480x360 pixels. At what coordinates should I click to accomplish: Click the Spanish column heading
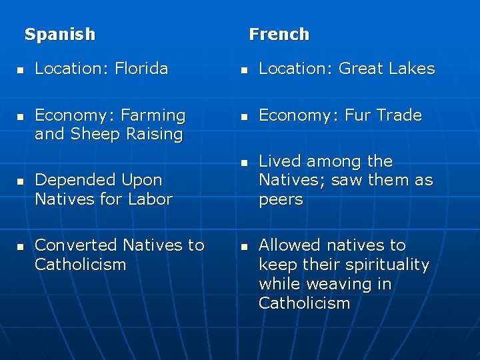(x=60, y=34)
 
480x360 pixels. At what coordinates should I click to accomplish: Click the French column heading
(x=279, y=34)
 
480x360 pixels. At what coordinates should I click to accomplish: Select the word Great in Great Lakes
(x=361, y=69)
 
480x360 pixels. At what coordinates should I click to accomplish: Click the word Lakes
(x=412, y=69)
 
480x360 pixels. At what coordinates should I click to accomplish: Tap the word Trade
(x=399, y=115)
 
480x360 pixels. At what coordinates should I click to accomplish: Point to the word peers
(x=280, y=199)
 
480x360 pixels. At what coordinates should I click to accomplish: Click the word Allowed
(x=289, y=245)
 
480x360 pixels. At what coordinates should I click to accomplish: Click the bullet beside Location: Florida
(x=20, y=69)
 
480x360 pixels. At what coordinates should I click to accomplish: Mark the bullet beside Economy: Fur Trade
(x=244, y=116)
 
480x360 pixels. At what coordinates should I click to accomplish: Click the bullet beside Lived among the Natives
(x=244, y=162)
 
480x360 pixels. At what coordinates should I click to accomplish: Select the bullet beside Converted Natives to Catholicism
(x=20, y=247)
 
